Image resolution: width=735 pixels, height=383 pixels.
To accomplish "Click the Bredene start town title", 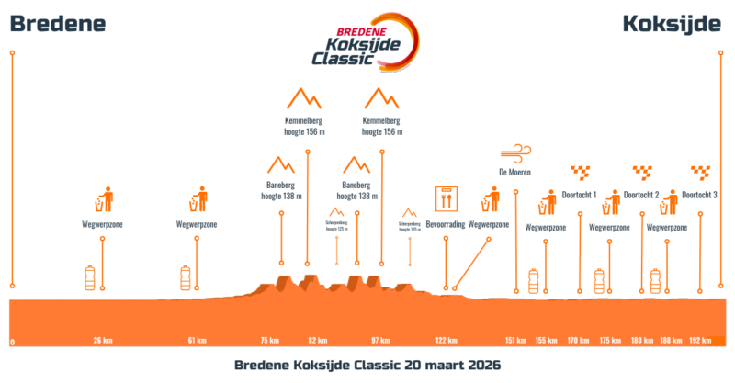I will coord(58,24).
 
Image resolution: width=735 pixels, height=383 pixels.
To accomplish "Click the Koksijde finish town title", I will coord(672,24).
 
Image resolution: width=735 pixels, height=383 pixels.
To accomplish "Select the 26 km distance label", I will coord(103,341).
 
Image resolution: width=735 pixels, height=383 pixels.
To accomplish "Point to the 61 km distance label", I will coord(197,341).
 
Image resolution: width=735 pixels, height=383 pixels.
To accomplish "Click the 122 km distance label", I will coord(446,341).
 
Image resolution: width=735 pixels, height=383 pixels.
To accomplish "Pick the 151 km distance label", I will coord(515,341).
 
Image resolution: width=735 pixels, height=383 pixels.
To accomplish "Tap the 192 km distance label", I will coord(700,341).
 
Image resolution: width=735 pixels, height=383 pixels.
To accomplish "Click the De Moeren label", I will coord(515,172).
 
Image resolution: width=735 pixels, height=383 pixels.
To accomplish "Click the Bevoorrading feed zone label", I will coord(446,224).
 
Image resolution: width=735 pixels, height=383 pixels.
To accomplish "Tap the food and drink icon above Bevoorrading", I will coord(446,197).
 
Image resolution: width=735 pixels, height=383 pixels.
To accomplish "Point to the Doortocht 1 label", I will coord(580,195).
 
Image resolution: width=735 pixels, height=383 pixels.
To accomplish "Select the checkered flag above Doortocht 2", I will coord(641,171).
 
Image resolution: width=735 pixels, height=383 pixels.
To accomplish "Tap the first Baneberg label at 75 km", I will coord(281,189).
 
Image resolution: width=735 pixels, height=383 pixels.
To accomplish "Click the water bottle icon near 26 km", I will coord(90,277).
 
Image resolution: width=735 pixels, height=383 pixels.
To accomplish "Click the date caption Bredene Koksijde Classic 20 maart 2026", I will coord(367,365).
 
